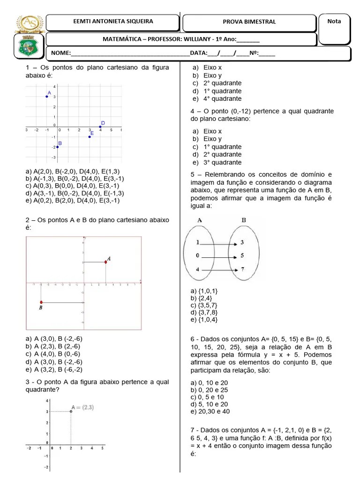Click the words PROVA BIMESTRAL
pos(249,22)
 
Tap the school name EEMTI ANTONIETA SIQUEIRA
pos(113,22)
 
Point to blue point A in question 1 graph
pos(47,97)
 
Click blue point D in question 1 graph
pos(100,127)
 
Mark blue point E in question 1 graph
pos(90,136)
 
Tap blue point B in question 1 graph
pos(58,147)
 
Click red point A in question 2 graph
pos(106,262)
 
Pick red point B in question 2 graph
pos(41,302)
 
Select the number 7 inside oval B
pos(242,270)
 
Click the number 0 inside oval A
pos(198,256)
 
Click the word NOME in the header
pos(60,53)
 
